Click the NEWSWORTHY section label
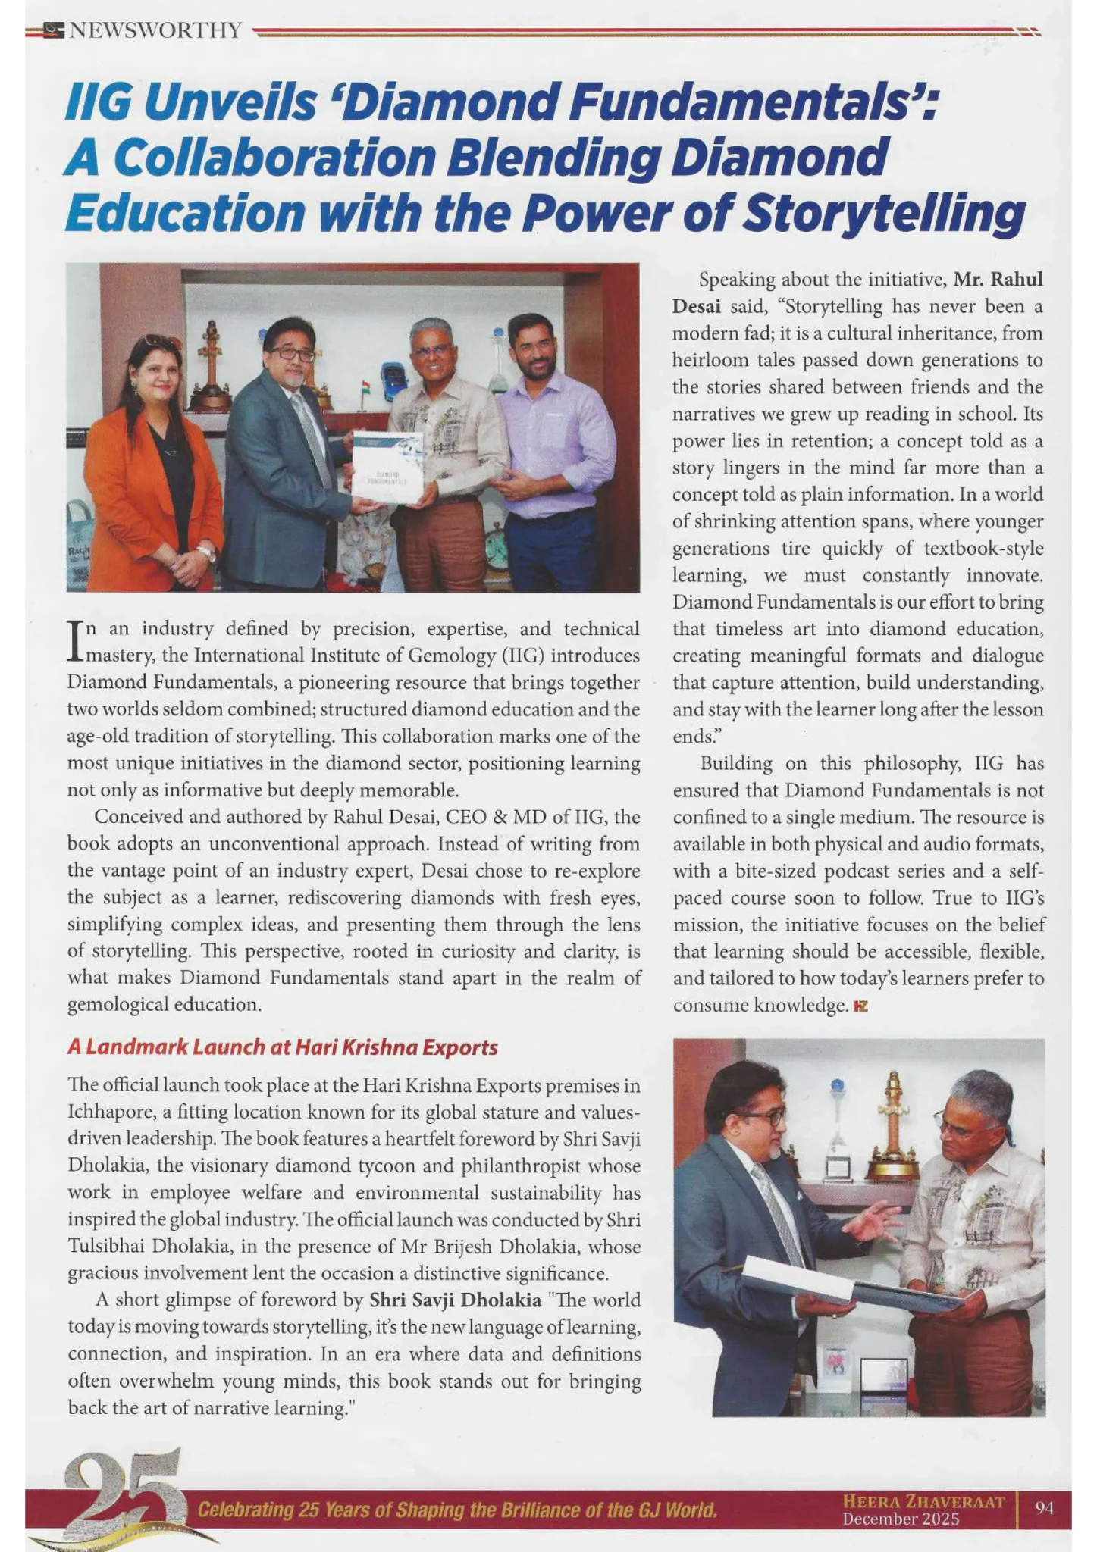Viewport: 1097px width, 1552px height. tap(155, 31)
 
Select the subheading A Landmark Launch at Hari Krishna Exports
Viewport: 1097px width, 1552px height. tap(282, 1047)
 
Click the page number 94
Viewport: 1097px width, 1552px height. tap(1044, 1508)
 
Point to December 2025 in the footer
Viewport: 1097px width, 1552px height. tap(901, 1519)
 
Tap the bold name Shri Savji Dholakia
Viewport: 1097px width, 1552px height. tap(455, 1300)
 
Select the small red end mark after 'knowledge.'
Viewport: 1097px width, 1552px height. tap(860, 1006)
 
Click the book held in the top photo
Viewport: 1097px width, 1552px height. tap(387, 468)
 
